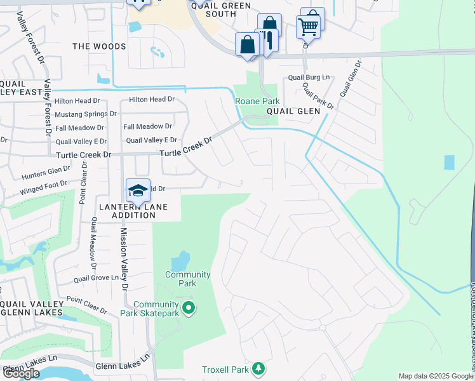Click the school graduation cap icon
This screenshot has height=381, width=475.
(x=138, y=190)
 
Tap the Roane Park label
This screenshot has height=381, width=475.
(x=257, y=101)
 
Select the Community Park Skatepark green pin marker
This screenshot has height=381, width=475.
(x=188, y=309)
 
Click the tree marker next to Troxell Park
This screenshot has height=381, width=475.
(x=258, y=369)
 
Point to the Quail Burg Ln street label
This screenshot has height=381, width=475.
(x=310, y=77)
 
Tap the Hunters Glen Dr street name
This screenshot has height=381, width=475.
(x=45, y=170)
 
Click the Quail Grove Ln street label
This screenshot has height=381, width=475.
(x=96, y=278)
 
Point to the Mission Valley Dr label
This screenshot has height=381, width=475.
(x=124, y=260)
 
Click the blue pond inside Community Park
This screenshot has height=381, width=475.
(x=180, y=260)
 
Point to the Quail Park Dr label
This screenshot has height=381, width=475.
(x=318, y=95)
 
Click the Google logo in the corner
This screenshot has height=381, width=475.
(x=21, y=373)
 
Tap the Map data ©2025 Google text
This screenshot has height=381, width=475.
(x=436, y=376)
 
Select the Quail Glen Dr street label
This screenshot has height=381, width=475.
(x=349, y=79)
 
